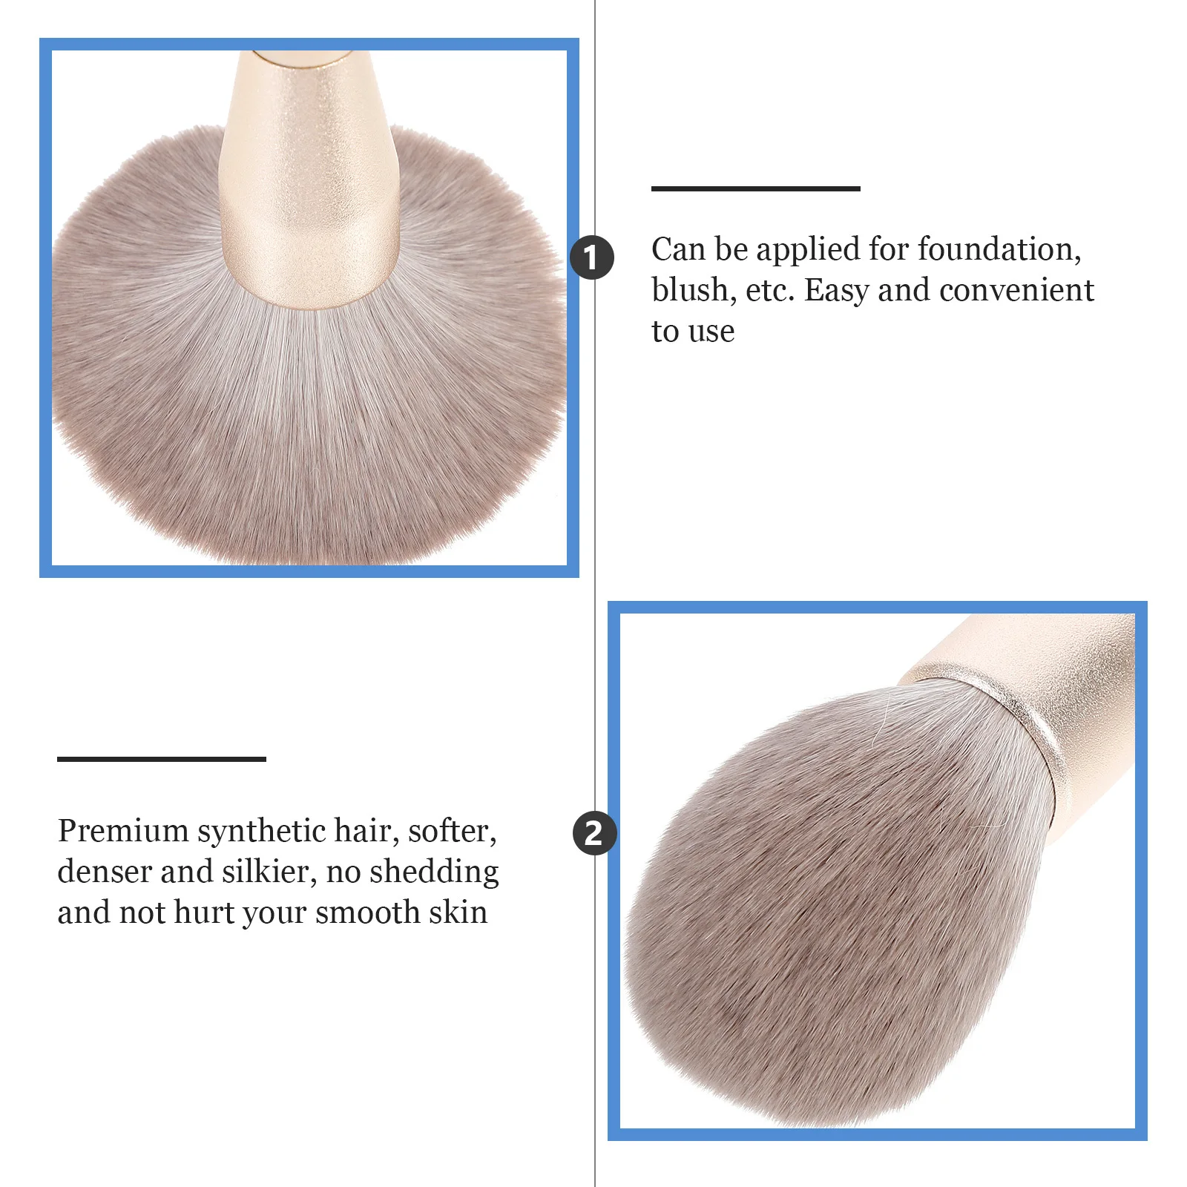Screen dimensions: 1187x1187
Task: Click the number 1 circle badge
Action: click(x=591, y=257)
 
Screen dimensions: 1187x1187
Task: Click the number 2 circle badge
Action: click(x=593, y=833)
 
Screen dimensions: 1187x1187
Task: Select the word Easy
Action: click(x=836, y=290)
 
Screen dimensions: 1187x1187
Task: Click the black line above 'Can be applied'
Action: click(x=755, y=188)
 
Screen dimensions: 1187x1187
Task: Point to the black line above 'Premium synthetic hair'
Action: click(x=161, y=759)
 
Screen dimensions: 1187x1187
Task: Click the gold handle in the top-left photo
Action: click(x=309, y=185)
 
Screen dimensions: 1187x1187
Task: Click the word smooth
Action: click(x=367, y=913)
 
